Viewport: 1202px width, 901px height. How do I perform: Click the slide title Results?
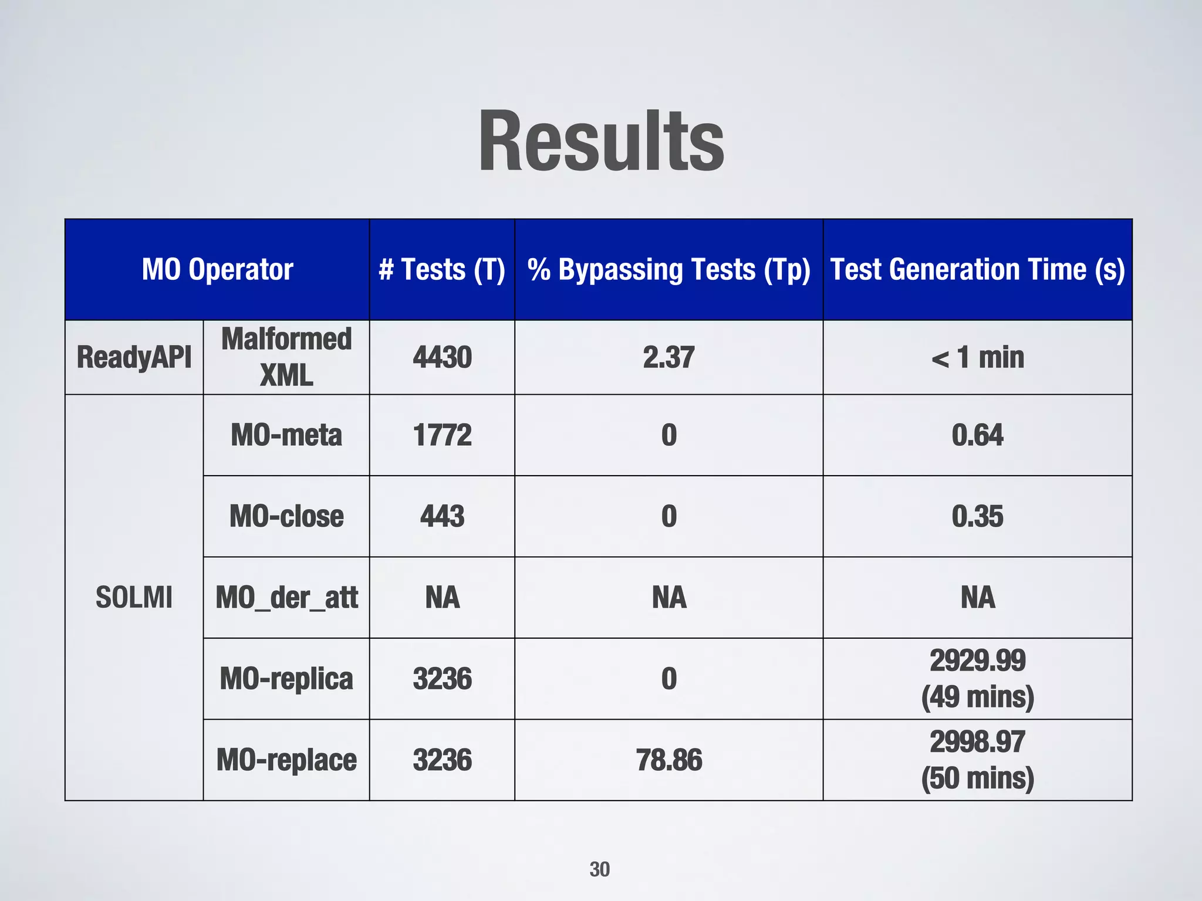(x=601, y=142)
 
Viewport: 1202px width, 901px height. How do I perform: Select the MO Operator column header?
(x=217, y=270)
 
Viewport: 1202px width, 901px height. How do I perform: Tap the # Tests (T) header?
(x=442, y=270)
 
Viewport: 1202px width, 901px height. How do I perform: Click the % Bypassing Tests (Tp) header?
(x=668, y=270)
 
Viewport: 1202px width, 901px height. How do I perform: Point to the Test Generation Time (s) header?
(x=977, y=270)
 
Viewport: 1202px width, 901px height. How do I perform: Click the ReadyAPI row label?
(x=134, y=357)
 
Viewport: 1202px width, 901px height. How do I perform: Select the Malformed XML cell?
(x=286, y=357)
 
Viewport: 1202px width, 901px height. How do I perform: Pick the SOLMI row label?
(x=134, y=598)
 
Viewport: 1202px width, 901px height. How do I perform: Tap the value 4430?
(x=442, y=357)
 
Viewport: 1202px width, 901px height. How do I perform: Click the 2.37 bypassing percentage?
(x=668, y=357)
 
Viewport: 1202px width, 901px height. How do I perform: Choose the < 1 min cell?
(x=977, y=357)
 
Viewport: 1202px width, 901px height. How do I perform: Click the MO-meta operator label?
(x=286, y=435)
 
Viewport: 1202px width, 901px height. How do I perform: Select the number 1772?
(x=442, y=435)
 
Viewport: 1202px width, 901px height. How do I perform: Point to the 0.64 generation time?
(x=977, y=435)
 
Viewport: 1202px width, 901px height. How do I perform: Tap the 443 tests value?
(x=442, y=516)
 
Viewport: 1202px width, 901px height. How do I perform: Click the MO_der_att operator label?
(x=286, y=598)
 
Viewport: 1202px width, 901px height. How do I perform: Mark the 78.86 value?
(x=668, y=760)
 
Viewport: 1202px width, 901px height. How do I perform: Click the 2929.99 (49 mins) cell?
(x=977, y=679)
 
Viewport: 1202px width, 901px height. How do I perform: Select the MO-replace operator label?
(x=286, y=760)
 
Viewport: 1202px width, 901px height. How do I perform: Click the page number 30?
(x=599, y=869)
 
